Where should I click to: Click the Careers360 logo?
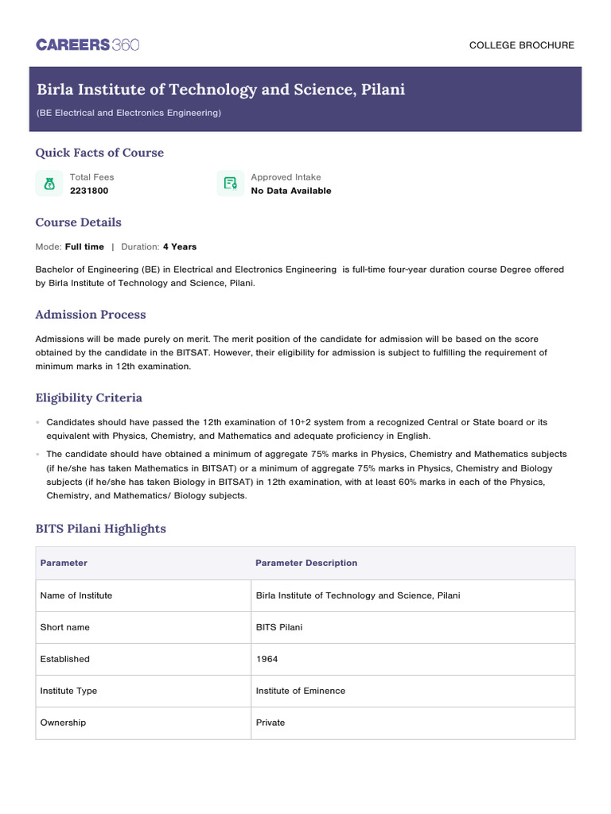pos(88,45)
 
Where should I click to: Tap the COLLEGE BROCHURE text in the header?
pos(521,45)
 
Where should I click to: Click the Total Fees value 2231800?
pos(89,191)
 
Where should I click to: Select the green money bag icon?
pos(49,184)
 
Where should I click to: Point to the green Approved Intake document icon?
pos(231,184)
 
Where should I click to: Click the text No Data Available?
pos(290,191)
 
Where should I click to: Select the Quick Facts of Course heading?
pos(99,153)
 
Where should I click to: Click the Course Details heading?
pos(78,223)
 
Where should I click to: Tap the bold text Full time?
pos(84,247)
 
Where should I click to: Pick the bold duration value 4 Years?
pos(179,247)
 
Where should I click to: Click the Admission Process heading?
pos(91,315)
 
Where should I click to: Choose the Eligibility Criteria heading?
pos(88,397)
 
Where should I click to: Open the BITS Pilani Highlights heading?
pos(100,529)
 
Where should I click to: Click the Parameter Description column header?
pos(306,563)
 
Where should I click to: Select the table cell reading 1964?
pos(267,659)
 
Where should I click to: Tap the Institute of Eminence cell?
pos(300,691)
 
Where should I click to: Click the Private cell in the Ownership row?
pos(270,723)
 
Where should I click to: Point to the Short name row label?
pos(64,627)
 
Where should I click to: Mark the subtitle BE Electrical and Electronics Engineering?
pos(128,113)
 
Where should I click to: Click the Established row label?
pos(64,659)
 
